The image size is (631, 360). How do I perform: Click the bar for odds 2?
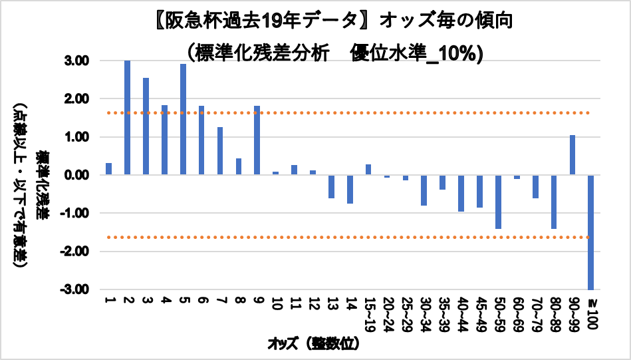127,118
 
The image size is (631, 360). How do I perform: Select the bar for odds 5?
183,120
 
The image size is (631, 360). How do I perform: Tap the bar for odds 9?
257,140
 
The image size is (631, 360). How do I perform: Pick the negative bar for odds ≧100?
590,232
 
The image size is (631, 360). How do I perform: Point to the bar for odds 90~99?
572,155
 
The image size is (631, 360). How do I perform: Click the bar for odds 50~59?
497,202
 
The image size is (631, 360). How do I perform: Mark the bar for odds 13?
331,186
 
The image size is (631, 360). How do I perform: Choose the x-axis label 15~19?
368,314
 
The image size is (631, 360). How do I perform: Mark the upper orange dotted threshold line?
346,113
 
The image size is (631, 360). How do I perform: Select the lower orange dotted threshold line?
346,238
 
